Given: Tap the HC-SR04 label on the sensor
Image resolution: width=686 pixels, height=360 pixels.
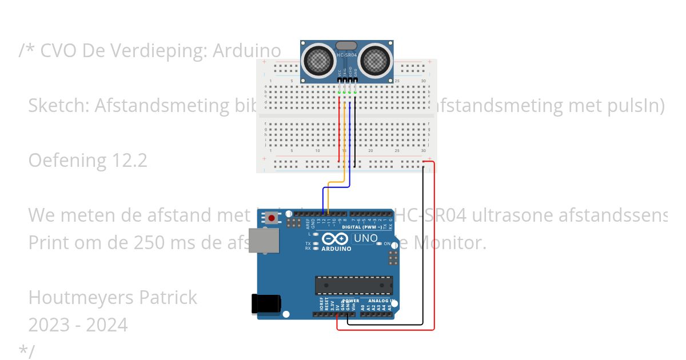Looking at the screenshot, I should pos(347,55).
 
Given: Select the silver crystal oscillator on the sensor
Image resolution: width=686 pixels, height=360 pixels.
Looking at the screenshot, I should pos(346,45).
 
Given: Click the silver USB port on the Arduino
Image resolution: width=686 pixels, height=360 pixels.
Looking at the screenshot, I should pos(264,241).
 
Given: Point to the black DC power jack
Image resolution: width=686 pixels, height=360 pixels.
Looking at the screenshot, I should pos(266,303).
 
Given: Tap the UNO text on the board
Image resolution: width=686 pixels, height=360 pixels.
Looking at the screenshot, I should pos(366,238).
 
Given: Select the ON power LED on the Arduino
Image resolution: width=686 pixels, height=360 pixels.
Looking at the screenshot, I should pos(379,244).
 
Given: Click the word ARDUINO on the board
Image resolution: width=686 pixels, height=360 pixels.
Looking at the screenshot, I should pos(336,249).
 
